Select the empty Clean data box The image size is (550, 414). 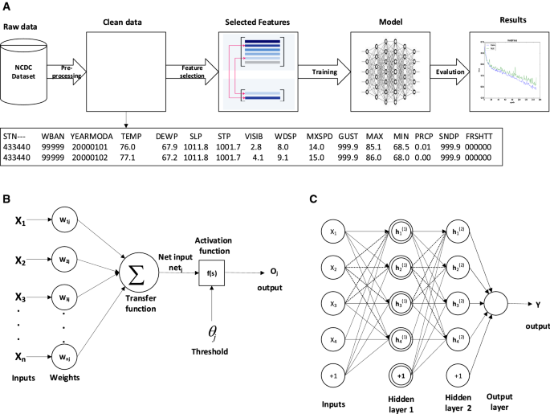click(x=128, y=71)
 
